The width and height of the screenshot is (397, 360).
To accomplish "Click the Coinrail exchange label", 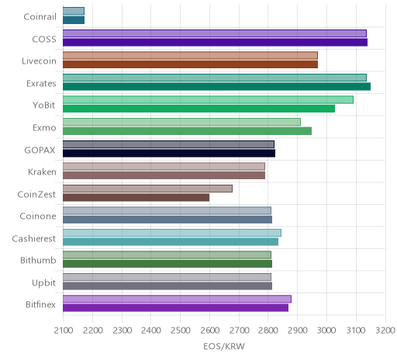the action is point(40,17).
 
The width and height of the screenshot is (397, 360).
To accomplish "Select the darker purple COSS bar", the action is point(215,43).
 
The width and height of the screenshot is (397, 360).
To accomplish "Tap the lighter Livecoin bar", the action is point(190,56).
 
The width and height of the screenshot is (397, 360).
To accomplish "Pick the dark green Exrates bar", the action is point(216,87).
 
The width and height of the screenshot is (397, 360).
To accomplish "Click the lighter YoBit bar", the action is point(208,100).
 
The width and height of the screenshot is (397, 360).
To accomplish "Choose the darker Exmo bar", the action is point(187,131).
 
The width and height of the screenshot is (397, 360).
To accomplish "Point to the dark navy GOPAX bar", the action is point(169,153).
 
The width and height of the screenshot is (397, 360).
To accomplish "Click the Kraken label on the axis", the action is point(42,172).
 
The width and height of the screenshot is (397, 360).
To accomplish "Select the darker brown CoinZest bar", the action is point(136,198).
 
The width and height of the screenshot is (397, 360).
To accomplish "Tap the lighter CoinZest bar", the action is point(147,189).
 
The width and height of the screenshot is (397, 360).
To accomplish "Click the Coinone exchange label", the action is point(38,216).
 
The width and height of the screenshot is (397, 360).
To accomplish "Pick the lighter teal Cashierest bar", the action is point(172,233).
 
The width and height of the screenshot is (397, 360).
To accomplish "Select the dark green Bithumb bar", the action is point(167,264).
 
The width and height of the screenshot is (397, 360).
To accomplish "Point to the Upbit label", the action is point(43,283).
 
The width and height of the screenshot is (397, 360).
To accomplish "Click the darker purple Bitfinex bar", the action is point(175,308).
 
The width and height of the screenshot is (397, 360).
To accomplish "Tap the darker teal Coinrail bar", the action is point(74,20).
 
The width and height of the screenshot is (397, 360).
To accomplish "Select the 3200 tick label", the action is point(385,331).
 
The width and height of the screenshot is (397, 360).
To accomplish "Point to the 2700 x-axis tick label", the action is point(239,331).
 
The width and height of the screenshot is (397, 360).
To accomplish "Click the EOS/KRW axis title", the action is point(224,347).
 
